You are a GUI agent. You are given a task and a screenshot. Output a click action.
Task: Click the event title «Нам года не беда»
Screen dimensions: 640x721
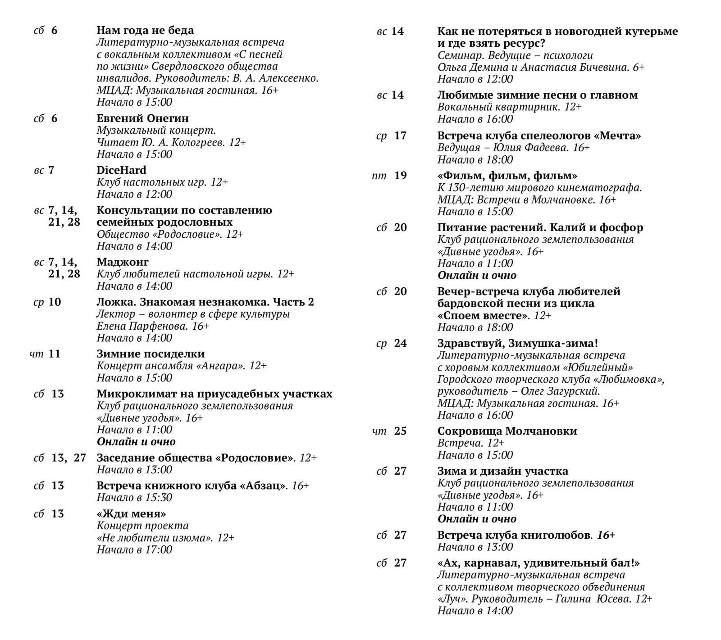coord(145,31)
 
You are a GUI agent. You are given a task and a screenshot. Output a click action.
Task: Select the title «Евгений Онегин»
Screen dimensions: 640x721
coord(142,118)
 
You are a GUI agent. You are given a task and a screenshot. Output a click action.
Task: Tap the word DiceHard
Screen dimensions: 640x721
coord(121,170)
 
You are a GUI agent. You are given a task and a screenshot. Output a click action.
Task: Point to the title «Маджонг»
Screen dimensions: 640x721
coord(122,262)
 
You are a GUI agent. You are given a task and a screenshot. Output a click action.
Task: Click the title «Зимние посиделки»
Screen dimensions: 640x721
coord(151,354)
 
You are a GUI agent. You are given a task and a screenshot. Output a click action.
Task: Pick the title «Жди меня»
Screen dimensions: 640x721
coord(131,514)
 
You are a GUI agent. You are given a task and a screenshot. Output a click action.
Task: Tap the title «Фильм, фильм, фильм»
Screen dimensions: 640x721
coord(507,176)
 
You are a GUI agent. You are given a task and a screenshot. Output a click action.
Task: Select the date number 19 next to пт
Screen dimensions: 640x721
coord(400,176)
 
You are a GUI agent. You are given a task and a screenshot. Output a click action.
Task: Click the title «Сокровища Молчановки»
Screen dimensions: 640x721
coord(507,431)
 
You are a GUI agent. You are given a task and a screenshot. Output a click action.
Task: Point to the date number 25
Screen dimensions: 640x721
coord(400,431)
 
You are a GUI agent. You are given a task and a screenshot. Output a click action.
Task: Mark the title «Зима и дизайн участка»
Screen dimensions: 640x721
coord(502,472)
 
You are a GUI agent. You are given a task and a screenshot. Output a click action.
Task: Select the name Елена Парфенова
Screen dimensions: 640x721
coord(141,326)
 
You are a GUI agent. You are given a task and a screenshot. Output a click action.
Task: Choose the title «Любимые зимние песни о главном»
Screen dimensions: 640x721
coord(537,95)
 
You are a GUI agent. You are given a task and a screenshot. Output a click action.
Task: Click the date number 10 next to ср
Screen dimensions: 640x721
coord(55,302)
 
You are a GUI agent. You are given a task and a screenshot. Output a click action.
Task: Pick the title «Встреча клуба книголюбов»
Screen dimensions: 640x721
coord(514,536)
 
